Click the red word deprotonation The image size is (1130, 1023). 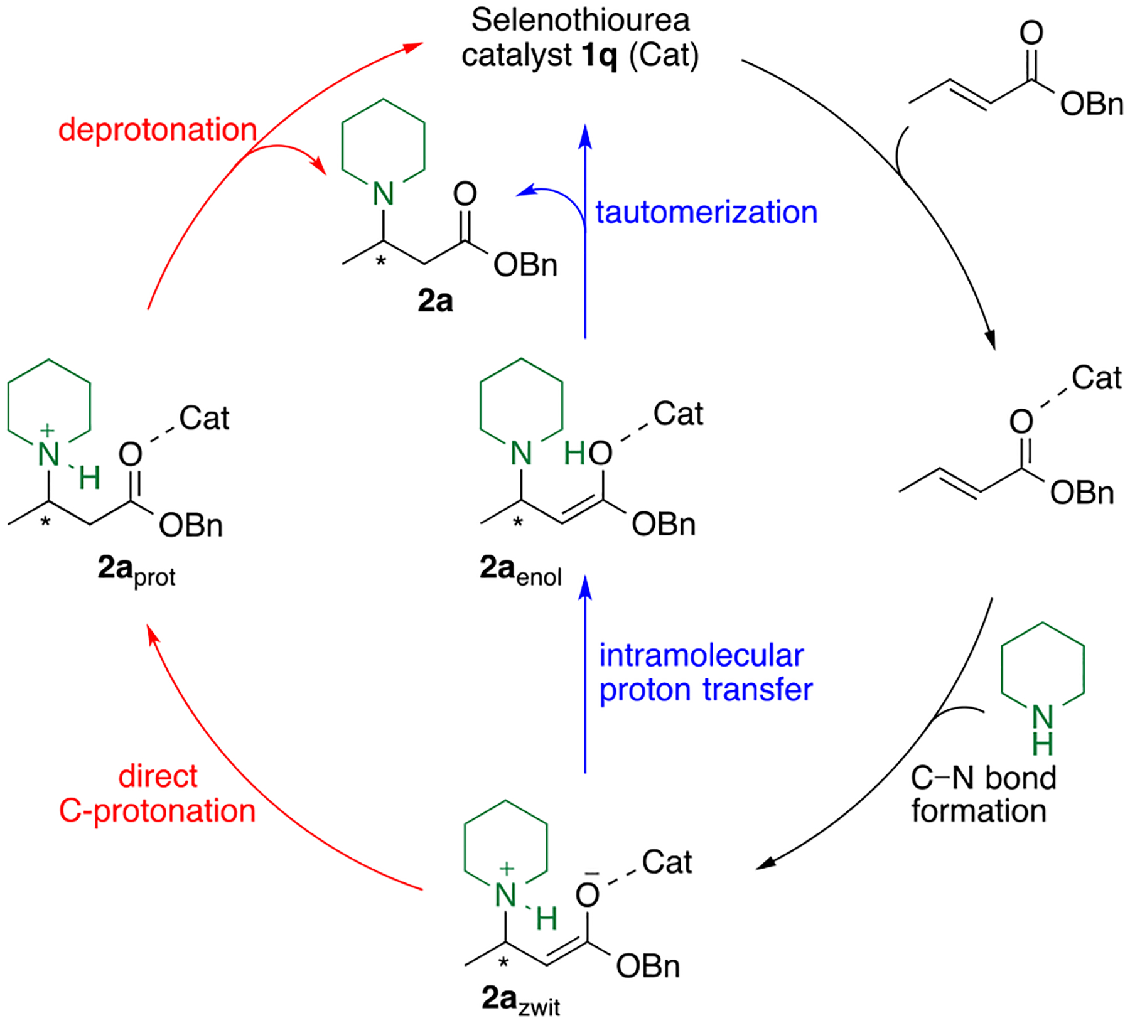coord(158,131)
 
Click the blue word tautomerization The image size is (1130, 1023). coord(706,212)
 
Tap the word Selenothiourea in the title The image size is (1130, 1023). coord(580,20)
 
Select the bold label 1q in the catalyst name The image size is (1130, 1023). coord(600,56)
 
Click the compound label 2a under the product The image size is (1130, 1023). coord(435,301)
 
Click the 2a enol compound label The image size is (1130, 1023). coord(520,570)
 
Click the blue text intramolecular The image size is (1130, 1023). coord(701,656)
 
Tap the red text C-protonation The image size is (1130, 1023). coord(157,811)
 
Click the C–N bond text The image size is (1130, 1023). coord(983,778)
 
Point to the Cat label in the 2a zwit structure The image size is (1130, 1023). coord(667,863)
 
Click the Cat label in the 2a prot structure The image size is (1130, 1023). coord(204,418)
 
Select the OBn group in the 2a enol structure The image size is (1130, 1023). coord(663,525)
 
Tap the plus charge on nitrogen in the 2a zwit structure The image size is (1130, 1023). coord(506,869)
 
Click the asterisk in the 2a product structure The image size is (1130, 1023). coord(380,260)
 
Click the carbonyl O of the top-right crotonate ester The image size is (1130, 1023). coord(1031,33)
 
